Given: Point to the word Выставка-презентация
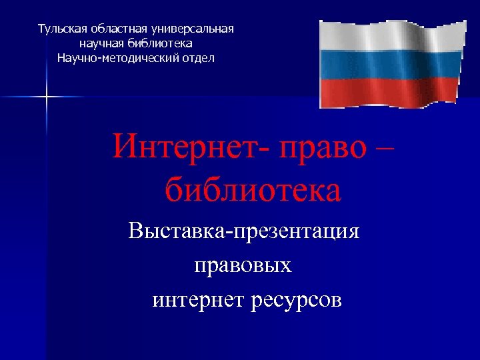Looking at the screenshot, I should pyautogui.click(x=244, y=232).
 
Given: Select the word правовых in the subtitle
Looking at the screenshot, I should pyautogui.click(x=243, y=267).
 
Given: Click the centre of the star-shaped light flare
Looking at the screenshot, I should pyautogui.click(x=47, y=97).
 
